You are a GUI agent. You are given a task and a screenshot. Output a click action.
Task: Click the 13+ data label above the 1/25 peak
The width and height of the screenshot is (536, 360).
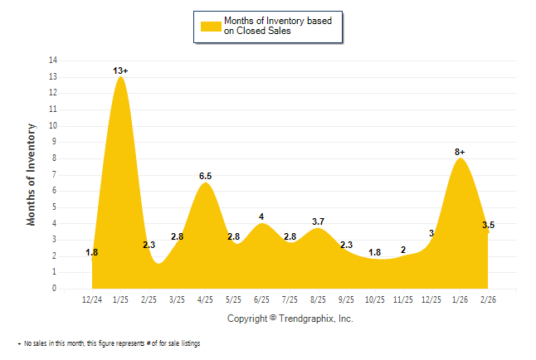[121, 71]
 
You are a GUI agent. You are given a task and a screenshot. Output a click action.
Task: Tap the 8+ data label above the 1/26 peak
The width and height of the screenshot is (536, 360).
[460, 152]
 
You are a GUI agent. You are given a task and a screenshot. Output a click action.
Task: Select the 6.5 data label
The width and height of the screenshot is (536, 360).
[206, 176]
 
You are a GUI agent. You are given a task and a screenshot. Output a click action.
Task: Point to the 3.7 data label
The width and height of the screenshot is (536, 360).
[319, 221]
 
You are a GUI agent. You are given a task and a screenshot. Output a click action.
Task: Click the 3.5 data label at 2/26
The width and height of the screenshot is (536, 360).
[489, 225]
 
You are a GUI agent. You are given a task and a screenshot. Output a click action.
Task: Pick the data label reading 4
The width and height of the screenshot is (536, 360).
[261, 216]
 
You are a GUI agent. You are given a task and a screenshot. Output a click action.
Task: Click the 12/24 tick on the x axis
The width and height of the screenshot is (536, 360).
[93, 299]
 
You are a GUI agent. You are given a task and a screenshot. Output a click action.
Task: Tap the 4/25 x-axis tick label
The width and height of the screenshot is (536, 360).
[206, 299]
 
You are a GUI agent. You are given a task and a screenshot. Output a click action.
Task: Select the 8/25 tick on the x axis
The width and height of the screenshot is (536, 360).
[319, 299]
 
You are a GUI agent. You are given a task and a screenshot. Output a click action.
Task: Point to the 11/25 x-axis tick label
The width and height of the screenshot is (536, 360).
[403, 299]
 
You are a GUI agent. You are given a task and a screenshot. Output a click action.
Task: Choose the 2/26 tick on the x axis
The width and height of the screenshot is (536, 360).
[488, 299]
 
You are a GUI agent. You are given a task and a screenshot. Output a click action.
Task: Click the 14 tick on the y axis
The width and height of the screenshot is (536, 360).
[53, 61]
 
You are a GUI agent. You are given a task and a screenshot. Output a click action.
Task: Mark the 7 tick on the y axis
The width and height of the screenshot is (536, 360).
[55, 175]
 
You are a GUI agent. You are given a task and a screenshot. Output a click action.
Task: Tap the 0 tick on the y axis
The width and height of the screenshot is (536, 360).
[55, 289]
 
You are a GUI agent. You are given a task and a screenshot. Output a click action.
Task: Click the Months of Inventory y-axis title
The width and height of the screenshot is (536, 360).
[32, 174]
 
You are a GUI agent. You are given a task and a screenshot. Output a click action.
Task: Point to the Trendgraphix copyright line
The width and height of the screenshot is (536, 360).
[290, 319]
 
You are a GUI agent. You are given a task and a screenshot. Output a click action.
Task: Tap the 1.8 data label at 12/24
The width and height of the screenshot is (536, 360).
[92, 252]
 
